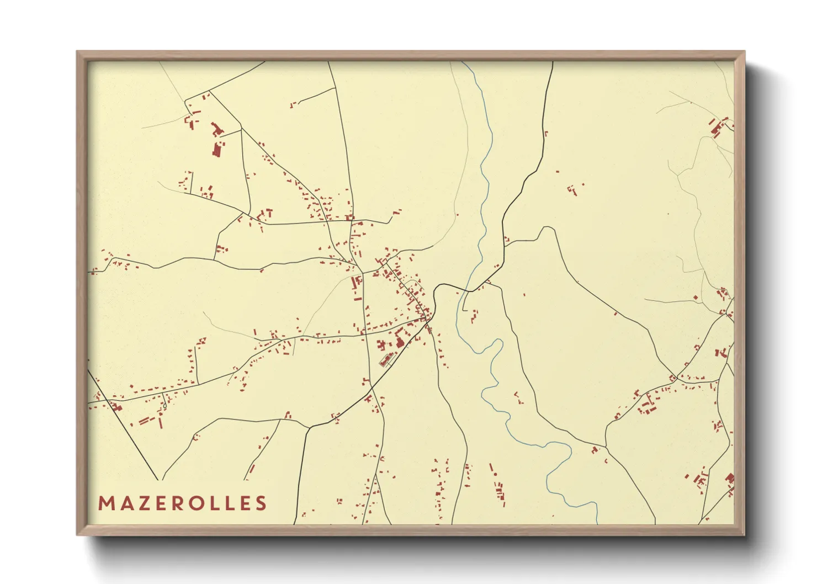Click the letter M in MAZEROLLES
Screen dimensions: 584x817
click(x=106, y=503)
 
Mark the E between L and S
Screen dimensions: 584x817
click(x=243, y=503)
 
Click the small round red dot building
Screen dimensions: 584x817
click(x=496, y=474)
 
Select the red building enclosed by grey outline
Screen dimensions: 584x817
click(x=385, y=362)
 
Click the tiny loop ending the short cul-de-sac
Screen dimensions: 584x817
click(x=165, y=406)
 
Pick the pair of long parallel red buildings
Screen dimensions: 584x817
click(x=145, y=421)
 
